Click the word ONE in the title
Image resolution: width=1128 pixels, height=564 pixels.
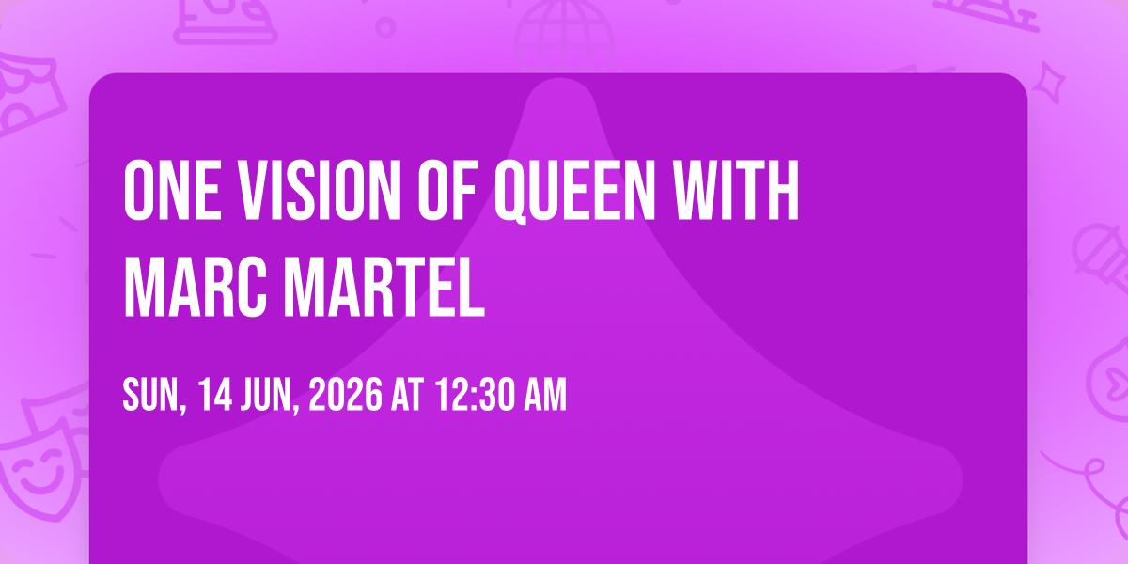[172, 190]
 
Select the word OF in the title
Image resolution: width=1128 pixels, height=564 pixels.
[447, 190]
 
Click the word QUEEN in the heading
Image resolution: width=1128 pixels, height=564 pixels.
[574, 192]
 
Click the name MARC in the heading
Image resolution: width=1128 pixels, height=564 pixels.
[196, 287]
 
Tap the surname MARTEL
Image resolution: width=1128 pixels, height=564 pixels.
[384, 287]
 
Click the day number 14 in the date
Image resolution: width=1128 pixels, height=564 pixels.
[215, 394]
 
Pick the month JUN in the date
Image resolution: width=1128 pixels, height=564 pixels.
[271, 396]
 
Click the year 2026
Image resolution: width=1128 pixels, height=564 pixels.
[346, 394]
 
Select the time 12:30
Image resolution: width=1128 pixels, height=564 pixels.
[476, 394]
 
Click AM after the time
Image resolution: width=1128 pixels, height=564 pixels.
[545, 394]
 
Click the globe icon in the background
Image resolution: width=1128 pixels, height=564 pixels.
[564, 37]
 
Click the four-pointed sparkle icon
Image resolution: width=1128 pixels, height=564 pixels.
[1049, 83]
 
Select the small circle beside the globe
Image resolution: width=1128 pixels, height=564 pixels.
[385, 27]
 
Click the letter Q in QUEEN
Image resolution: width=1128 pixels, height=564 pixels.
[510, 192]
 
